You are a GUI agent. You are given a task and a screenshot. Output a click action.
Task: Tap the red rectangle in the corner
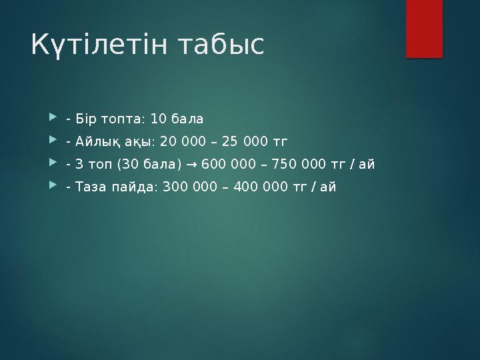(x=424, y=28)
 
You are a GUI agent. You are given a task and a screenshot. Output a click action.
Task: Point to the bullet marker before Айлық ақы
(x=53, y=141)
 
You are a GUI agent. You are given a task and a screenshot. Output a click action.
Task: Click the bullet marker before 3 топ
(x=53, y=164)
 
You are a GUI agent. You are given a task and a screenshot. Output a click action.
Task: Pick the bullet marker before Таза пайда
(x=53, y=187)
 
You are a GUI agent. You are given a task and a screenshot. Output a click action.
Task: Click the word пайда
(x=132, y=187)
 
